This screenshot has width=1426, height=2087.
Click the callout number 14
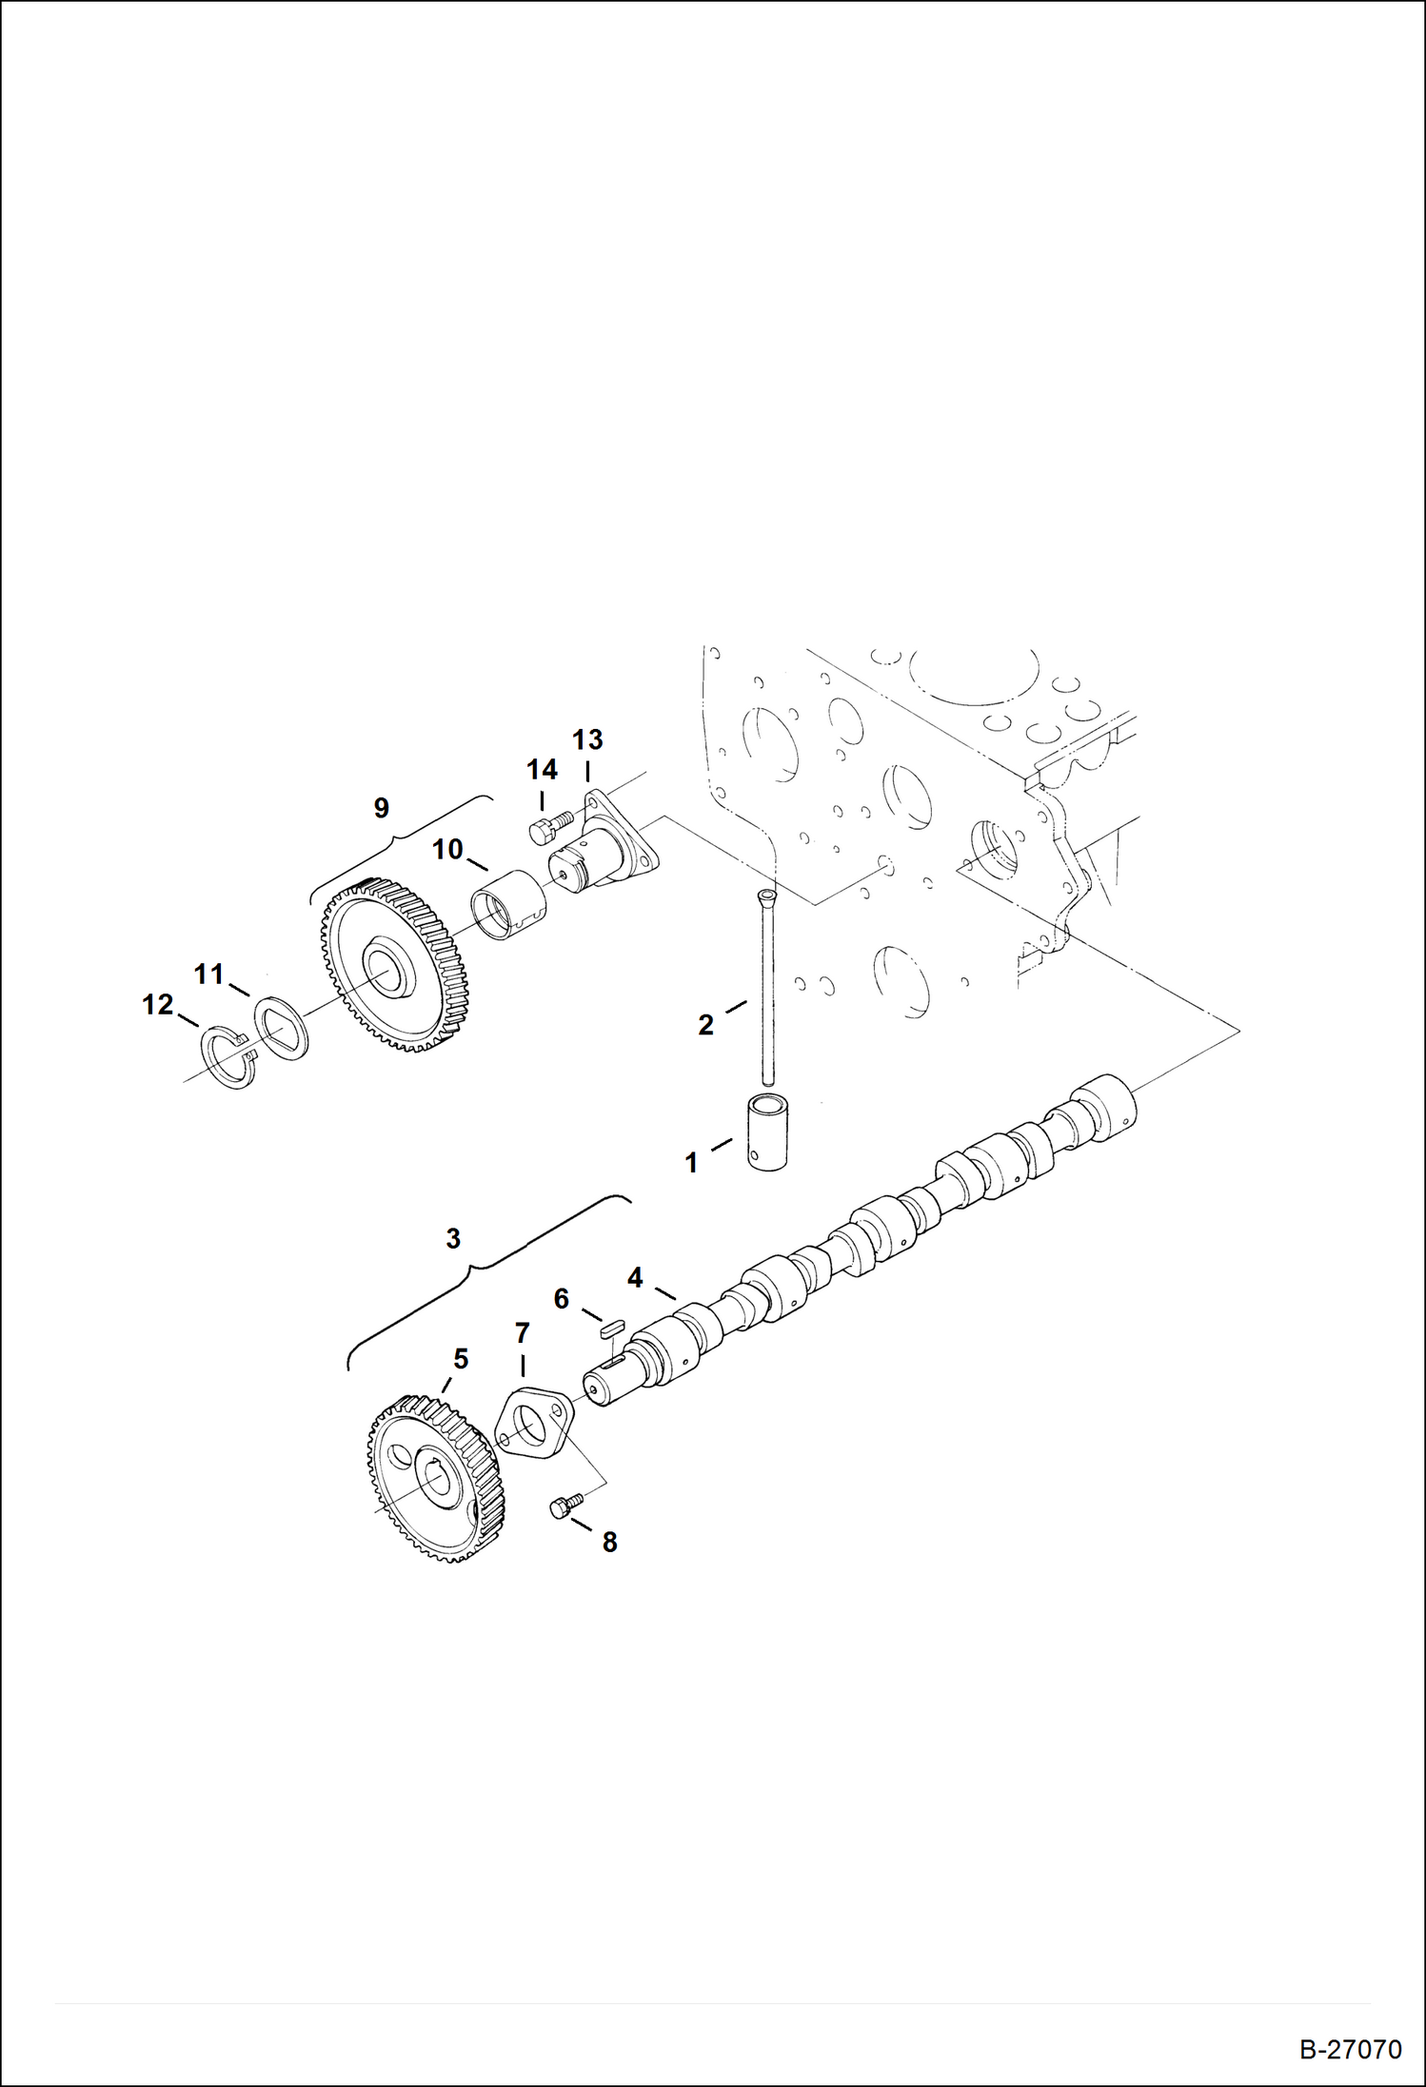pos(542,770)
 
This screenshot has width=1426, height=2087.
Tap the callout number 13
pos(587,739)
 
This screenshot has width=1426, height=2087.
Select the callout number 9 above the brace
pos(381,808)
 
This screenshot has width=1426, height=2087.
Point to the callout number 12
pos(158,1004)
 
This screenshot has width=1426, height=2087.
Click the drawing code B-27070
pos(1351,2049)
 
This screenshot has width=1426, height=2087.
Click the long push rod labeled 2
pos(767,990)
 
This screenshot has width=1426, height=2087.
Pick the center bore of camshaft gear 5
pos(440,1484)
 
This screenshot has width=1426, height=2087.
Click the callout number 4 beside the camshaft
pos(635,1278)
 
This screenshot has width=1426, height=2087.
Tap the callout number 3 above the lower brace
pos(453,1238)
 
